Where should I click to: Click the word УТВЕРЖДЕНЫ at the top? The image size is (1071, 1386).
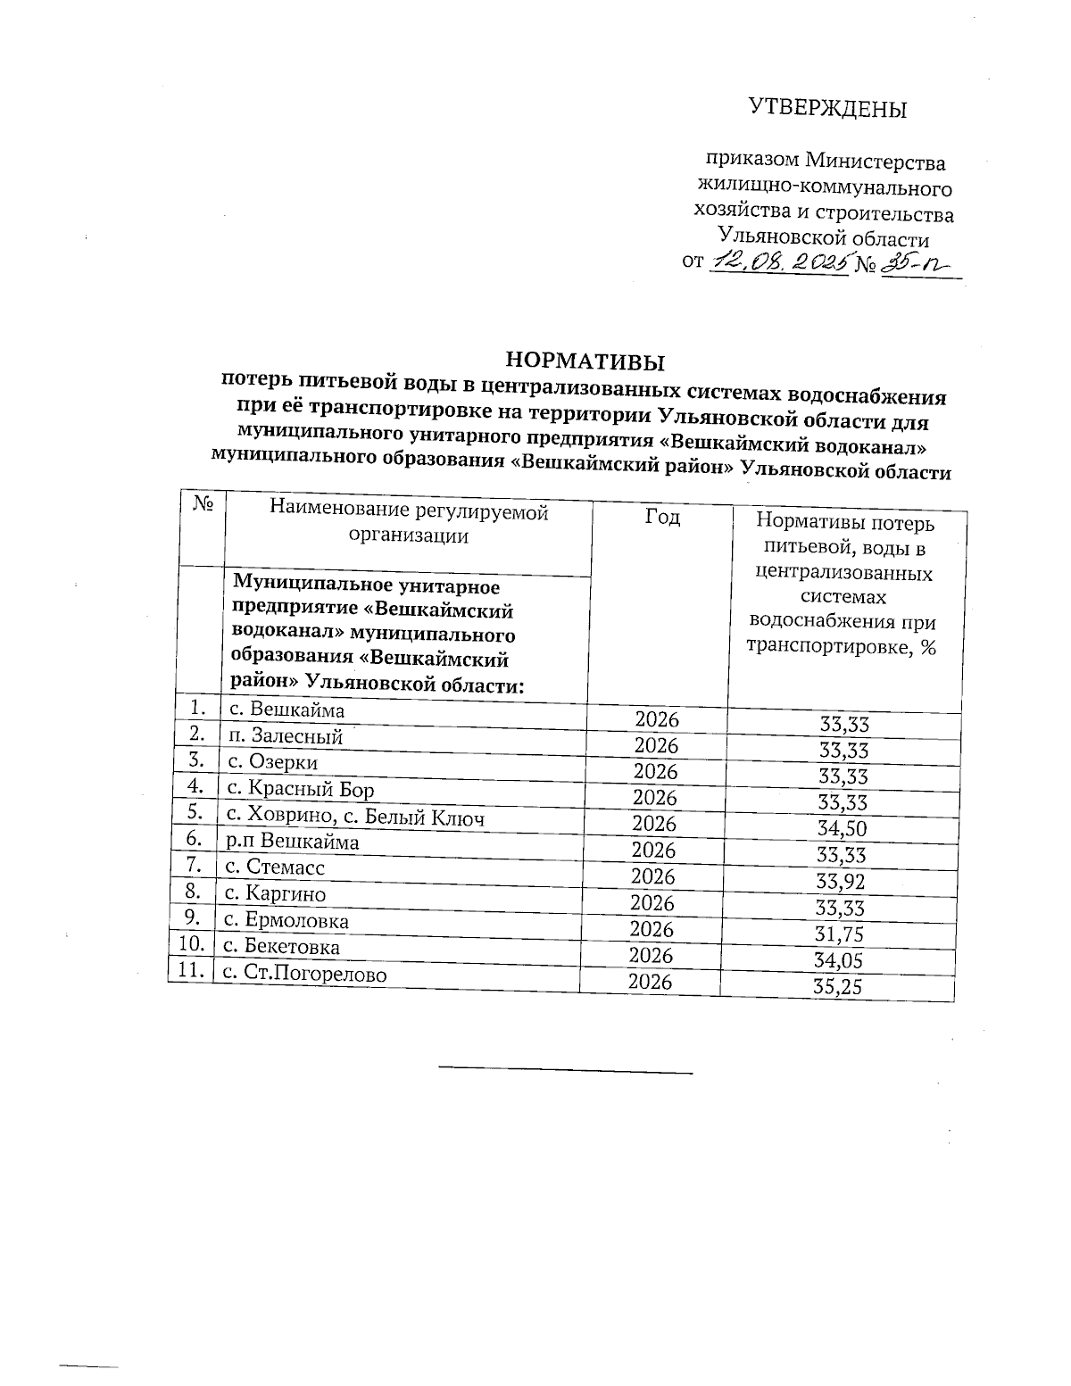(x=826, y=109)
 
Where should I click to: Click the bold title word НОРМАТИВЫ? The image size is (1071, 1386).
(x=585, y=361)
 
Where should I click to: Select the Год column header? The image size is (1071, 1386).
(x=661, y=518)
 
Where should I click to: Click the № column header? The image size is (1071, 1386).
(x=203, y=505)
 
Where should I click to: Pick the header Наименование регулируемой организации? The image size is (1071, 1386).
(x=409, y=523)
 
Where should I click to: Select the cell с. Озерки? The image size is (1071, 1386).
(x=273, y=762)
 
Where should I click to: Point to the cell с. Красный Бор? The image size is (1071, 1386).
(x=300, y=789)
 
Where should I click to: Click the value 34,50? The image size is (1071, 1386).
(x=842, y=829)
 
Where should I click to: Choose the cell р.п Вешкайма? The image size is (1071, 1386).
(x=293, y=842)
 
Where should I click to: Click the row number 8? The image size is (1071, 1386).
(x=193, y=893)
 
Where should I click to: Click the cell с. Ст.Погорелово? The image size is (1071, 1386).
(x=304, y=974)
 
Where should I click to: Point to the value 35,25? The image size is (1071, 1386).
(x=838, y=988)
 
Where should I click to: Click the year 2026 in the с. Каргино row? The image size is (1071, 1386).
(x=652, y=903)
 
